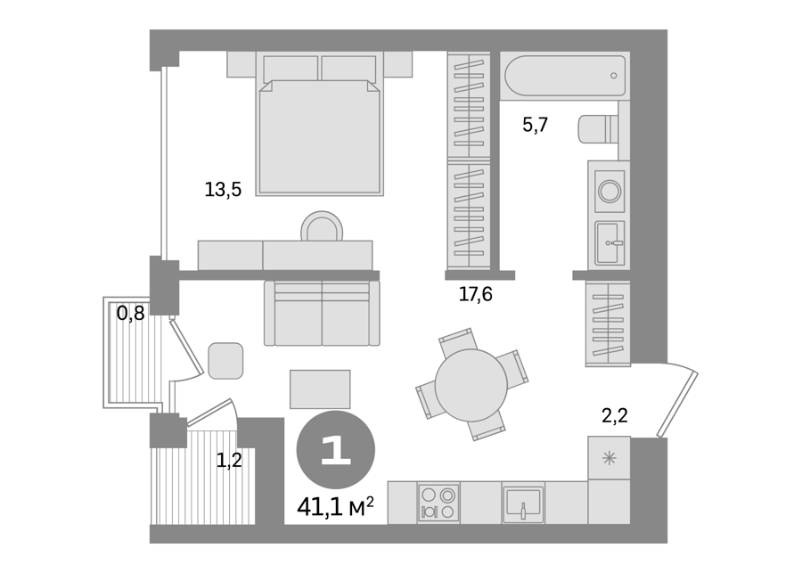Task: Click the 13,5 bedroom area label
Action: coord(223,190)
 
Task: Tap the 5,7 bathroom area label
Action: coord(535,125)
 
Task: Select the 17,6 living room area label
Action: coord(475,294)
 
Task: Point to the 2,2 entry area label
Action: coord(614,415)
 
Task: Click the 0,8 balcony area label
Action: coord(130,313)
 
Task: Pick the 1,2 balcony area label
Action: coord(229,461)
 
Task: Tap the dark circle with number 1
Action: coord(336,450)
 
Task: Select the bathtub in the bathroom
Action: coord(565,76)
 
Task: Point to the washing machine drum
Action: coord(610,192)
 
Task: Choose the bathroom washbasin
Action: coord(610,243)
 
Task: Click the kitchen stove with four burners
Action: coord(438,503)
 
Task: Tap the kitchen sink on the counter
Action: coord(523,504)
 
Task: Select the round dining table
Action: coord(471,385)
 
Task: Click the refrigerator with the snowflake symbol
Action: coord(609,457)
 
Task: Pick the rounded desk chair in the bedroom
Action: coord(322,226)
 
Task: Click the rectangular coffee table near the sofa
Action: coord(320,389)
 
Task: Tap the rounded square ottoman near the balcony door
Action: coord(225,361)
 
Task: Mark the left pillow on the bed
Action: coord(291,69)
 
